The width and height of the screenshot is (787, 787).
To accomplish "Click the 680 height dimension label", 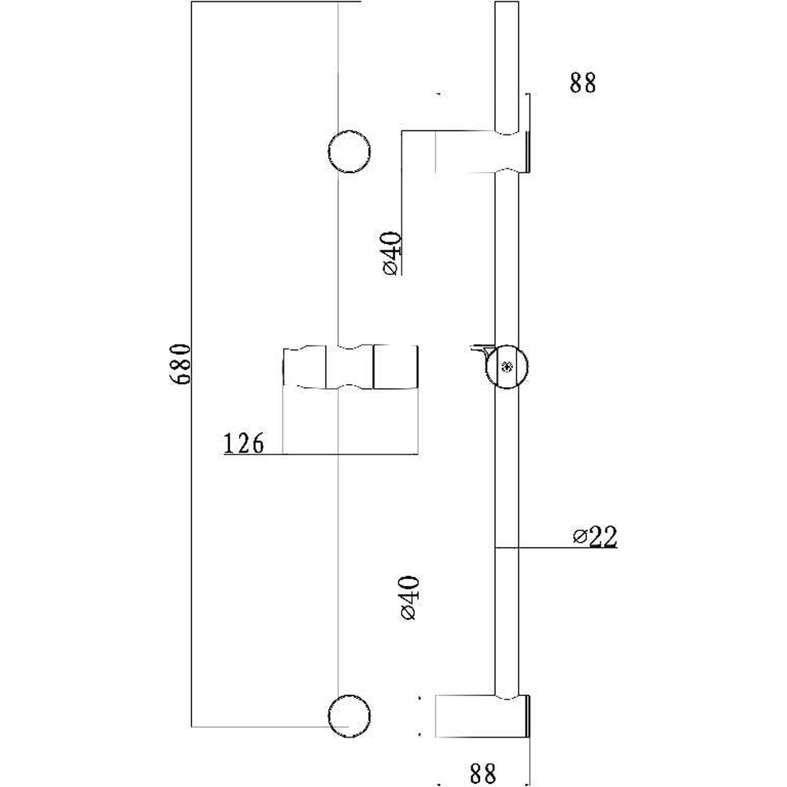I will (181, 363).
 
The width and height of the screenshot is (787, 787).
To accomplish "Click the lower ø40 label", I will (408, 598).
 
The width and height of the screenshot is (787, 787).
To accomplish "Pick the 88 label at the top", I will (583, 83).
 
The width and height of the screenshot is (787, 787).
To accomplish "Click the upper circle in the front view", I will (350, 151).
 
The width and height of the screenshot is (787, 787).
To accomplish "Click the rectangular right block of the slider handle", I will (395, 367).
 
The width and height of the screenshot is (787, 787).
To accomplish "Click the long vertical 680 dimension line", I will (194, 472).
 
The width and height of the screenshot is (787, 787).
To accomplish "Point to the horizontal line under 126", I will (315, 454).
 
